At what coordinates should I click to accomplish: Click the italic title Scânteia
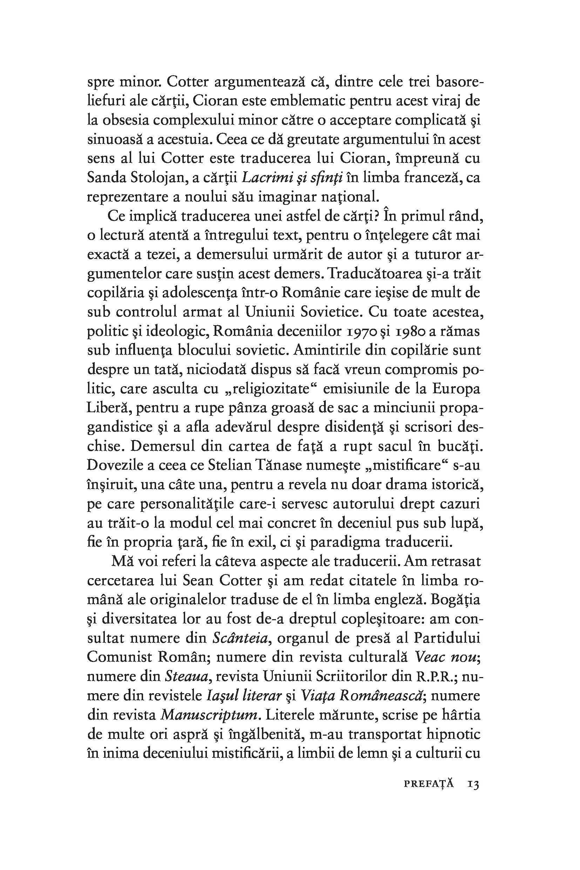(241, 638)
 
